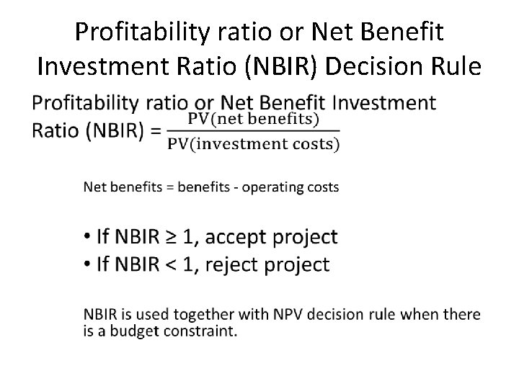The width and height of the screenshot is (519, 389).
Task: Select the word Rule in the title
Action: [x=452, y=66]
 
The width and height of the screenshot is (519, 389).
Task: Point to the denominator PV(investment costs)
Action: [x=254, y=143]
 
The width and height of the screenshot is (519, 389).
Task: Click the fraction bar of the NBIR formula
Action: [x=254, y=131]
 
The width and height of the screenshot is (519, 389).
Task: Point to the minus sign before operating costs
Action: [x=236, y=188]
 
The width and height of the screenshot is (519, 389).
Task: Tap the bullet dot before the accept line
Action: [x=86, y=237]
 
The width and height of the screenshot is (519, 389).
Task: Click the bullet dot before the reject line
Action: [x=86, y=264]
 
